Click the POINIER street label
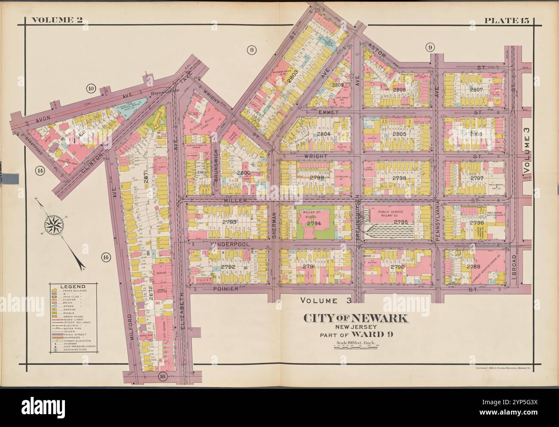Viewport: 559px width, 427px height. pyautogui.click(x=226, y=289)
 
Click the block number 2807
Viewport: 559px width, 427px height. pyautogui.click(x=476, y=89)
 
